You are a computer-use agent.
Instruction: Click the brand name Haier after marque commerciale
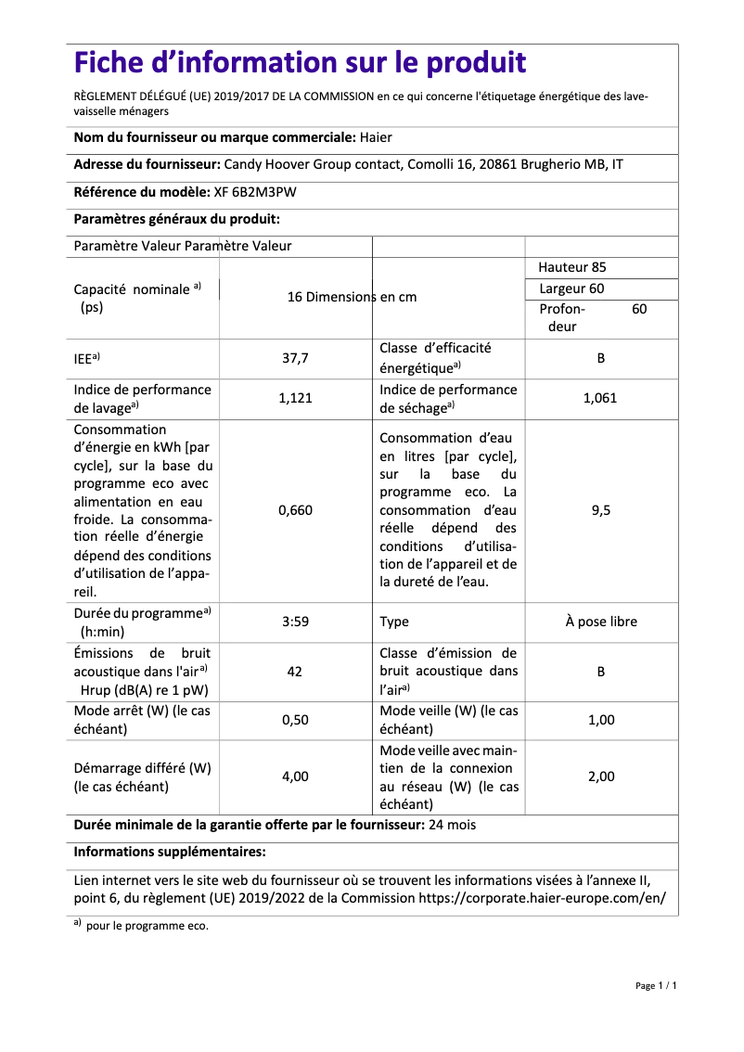(x=375, y=137)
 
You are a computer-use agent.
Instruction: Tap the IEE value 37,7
(x=295, y=357)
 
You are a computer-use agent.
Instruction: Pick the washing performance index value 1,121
(x=295, y=398)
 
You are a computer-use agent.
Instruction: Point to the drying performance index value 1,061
(x=600, y=398)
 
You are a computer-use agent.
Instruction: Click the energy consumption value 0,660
(x=295, y=510)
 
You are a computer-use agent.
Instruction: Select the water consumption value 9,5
(x=600, y=510)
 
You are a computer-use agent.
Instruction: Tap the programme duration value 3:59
(x=295, y=622)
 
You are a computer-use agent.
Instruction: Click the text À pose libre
(x=601, y=622)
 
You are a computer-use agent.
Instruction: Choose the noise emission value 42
(x=295, y=671)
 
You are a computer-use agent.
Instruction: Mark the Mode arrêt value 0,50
(x=295, y=720)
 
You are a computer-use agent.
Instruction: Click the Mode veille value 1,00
(x=600, y=720)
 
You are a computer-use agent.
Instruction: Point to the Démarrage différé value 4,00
(x=295, y=776)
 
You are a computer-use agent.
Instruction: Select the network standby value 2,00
(x=600, y=776)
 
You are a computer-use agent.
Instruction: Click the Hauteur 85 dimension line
(x=572, y=267)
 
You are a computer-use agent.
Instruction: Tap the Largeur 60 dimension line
(x=571, y=289)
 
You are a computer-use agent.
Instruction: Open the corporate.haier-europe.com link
(x=543, y=898)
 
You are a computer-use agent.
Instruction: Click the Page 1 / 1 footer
(x=656, y=985)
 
